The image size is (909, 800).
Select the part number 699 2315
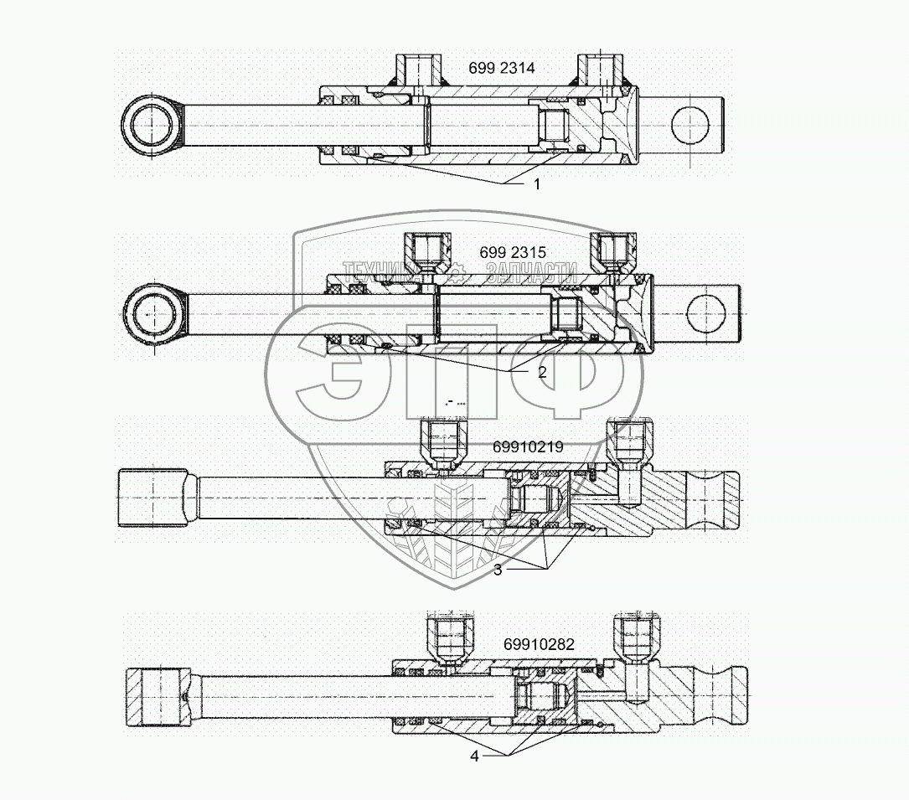click(x=513, y=252)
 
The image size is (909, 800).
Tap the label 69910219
click(x=527, y=446)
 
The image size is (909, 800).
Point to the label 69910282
click(x=540, y=644)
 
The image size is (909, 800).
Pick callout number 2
click(x=542, y=372)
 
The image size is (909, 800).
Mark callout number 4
click(x=474, y=756)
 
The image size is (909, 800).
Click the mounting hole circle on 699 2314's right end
click(x=691, y=124)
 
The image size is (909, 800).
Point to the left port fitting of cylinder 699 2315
click(x=425, y=250)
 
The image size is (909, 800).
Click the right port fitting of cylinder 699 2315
click(x=610, y=250)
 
